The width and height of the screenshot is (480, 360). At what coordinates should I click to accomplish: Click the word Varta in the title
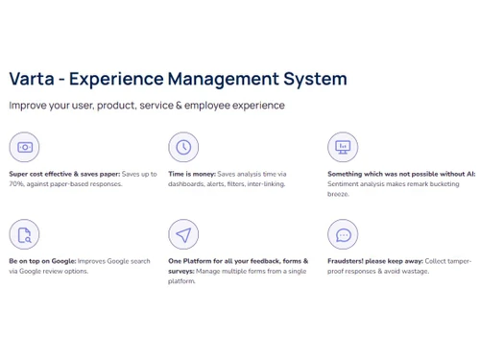click(x=32, y=79)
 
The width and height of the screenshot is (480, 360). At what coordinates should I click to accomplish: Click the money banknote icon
click(x=24, y=147)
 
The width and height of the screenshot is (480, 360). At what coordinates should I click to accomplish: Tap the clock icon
click(x=183, y=147)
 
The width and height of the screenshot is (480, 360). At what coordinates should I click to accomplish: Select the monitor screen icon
click(x=343, y=147)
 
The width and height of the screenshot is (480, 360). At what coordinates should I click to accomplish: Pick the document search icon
click(x=24, y=234)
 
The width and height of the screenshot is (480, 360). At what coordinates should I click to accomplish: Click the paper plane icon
click(x=183, y=234)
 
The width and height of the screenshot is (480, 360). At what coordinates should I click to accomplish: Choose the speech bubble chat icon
click(x=343, y=234)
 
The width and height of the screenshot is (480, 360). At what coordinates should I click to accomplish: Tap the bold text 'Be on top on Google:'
click(x=42, y=261)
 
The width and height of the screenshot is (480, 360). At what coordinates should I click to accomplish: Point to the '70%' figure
click(x=16, y=183)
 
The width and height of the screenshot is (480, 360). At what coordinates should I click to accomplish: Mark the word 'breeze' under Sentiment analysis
click(x=339, y=194)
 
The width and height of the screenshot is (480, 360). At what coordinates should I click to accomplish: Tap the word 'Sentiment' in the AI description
click(x=344, y=183)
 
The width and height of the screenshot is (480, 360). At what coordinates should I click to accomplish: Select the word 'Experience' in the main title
click(x=116, y=79)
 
